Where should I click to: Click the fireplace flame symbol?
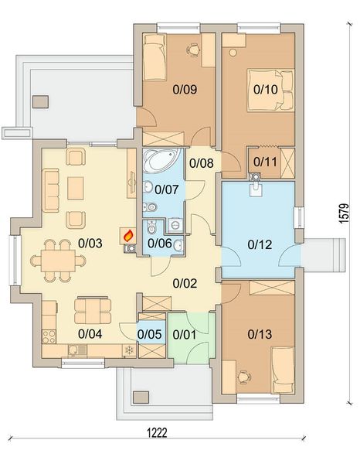[128, 236]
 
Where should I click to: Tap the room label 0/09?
[185, 89]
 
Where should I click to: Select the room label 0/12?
[260, 244]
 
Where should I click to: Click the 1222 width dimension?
[158, 432]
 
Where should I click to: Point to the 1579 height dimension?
[344, 213]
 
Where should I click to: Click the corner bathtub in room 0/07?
[161, 160]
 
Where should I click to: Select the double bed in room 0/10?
[270, 90]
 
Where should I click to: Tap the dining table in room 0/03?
[58, 261]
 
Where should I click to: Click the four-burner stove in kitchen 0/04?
[49, 336]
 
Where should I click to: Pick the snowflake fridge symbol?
[129, 350]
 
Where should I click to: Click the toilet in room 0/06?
[151, 227]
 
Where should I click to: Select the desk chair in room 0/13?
[244, 377]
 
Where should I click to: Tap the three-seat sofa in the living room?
[51, 190]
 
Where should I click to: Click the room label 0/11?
[265, 162]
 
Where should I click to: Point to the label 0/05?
[150, 334]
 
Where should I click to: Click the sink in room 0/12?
[256, 189]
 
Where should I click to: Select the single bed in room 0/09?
[154, 57]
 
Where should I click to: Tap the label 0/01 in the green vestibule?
[185, 335]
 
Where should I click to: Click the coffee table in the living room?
[76, 189]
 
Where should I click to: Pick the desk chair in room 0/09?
[194, 49]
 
